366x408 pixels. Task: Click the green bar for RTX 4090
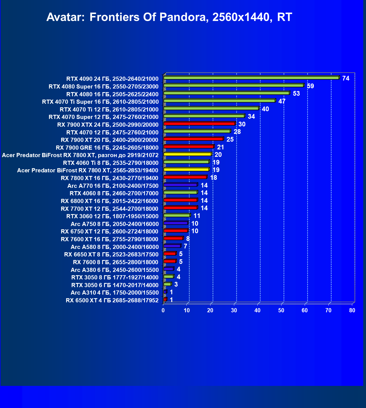(x=251, y=78)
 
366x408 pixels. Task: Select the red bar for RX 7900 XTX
(x=199, y=124)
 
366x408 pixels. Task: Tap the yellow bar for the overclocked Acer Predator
(x=188, y=154)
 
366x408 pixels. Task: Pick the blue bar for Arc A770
(x=180, y=185)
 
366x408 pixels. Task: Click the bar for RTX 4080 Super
(x=234, y=85)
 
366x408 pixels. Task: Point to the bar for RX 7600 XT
(x=173, y=238)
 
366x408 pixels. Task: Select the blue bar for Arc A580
(x=172, y=246)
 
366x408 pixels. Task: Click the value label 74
(x=346, y=79)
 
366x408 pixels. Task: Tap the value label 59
(x=310, y=86)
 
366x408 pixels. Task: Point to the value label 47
(x=282, y=101)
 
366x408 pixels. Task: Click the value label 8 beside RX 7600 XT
(x=188, y=239)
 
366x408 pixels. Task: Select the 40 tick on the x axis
(x=257, y=310)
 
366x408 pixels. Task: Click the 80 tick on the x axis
(x=352, y=310)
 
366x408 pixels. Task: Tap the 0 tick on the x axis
(x=163, y=310)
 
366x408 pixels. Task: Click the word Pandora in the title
(x=182, y=17)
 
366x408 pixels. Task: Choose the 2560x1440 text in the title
(x=241, y=17)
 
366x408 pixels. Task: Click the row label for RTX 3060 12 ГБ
(x=112, y=216)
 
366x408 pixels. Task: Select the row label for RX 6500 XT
(x=112, y=300)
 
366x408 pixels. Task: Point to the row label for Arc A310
(x=115, y=293)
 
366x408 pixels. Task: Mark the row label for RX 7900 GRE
(x=107, y=148)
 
